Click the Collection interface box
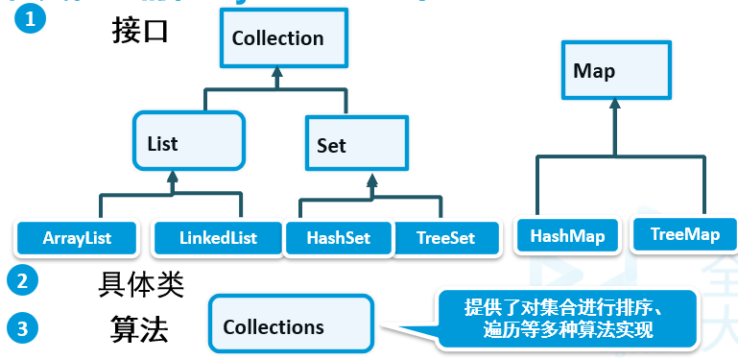coord(277,39)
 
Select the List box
coord(189,143)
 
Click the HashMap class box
coord(567,235)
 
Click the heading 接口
coord(139,31)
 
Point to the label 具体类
coord(140,284)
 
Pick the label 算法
coord(139,330)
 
